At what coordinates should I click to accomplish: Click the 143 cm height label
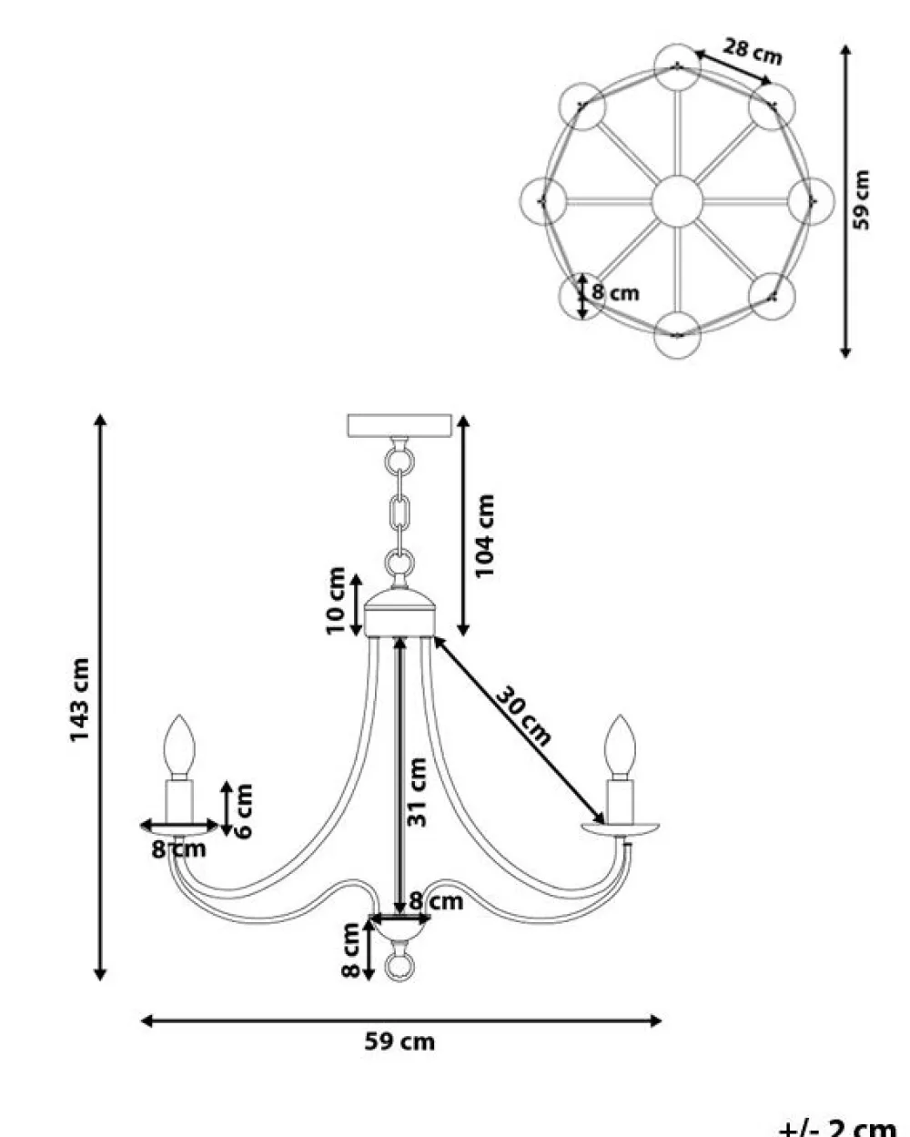[80, 699]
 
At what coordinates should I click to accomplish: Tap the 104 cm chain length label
[484, 535]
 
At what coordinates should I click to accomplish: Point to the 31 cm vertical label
[417, 792]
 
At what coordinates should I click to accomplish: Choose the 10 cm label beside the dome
[337, 600]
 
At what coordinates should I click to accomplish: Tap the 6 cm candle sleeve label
[244, 809]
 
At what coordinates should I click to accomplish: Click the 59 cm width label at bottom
[399, 1041]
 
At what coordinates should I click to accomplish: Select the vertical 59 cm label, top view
[862, 199]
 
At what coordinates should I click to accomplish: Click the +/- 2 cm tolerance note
[836, 1126]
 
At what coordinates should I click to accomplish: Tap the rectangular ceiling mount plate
[399, 426]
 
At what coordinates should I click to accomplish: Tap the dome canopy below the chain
[399, 612]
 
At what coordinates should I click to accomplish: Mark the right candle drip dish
[621, 829]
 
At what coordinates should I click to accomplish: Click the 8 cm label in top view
[615, 292]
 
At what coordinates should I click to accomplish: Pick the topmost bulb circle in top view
[678, 66]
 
